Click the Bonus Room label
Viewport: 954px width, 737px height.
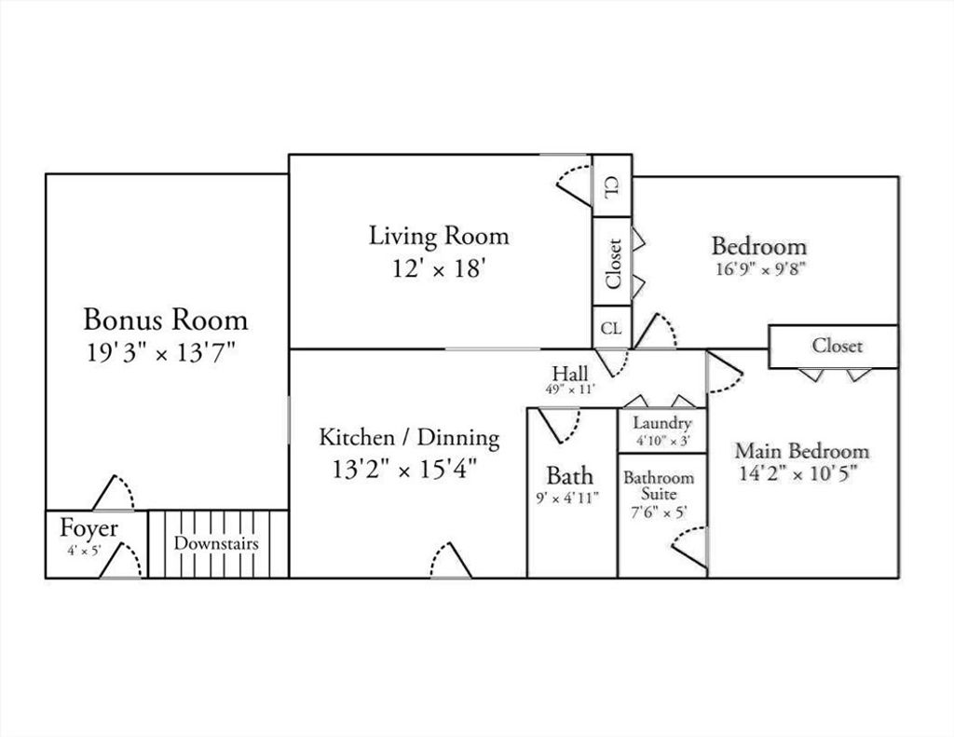tap(166, 320)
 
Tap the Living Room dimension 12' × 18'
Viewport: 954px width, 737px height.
tap(438, 267)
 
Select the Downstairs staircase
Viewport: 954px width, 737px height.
tap(218, 543)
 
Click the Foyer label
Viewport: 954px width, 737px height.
tap(89, 528)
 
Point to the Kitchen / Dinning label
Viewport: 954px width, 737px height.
tap(410, 438)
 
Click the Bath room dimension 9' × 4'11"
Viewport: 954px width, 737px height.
tap(567, 498)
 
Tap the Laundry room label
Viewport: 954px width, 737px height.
tap(662, 423)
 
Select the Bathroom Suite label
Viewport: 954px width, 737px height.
tap(659, 485)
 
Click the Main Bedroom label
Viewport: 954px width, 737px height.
tap(802, 451)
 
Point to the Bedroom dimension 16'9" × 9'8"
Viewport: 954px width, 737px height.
tap(760, 268)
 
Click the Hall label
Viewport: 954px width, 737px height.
tap(570, 373)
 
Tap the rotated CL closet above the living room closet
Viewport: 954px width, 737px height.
tap(612, 185)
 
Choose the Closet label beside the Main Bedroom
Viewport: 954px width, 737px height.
tap(838, 346)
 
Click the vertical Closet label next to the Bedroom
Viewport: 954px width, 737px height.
tap(613, 264)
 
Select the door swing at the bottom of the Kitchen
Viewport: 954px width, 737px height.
tap(451, 560)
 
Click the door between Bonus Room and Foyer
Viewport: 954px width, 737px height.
tap(114, 492)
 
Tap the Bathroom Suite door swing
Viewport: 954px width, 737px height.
tap(689, 547)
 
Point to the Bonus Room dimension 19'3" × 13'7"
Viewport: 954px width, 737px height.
tap(160, 352)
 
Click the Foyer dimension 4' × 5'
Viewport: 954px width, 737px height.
tap(84, 551)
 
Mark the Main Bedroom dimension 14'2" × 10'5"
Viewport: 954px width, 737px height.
tap(797, 473)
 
